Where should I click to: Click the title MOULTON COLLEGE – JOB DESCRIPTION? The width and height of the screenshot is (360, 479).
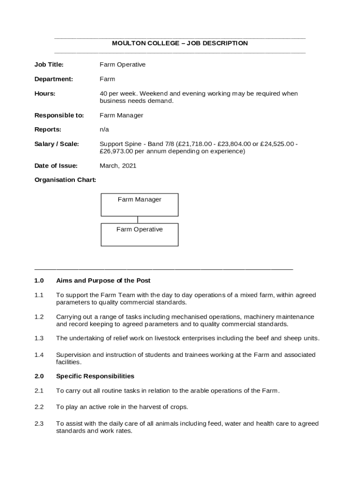coord(180,44)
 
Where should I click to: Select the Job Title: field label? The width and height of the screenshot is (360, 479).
coord(49,65)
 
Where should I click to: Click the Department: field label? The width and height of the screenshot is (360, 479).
coord(54,79)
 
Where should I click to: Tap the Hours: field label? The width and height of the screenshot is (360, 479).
coord(45,94)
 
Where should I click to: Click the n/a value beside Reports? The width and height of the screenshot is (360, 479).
coord(104,130)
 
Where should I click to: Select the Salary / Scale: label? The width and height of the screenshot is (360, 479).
coord(57,144)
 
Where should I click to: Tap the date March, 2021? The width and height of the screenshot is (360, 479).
coord(118,166)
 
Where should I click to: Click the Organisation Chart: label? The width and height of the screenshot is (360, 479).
coord(65,180)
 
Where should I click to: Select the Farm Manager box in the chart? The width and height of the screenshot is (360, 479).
coord(139,205)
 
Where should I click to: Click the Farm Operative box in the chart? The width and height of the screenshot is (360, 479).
coord(139,234)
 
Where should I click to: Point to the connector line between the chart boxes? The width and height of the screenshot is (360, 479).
coord(137,220)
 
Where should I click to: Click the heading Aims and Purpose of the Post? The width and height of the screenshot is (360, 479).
coord(103,281)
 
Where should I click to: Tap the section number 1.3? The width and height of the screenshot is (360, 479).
coord(39,338)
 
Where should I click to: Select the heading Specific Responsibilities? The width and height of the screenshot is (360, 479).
coord(95,376)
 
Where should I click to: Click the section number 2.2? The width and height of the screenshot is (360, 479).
coord(39,407)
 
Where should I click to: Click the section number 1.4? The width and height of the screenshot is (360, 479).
coord(39,355)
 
